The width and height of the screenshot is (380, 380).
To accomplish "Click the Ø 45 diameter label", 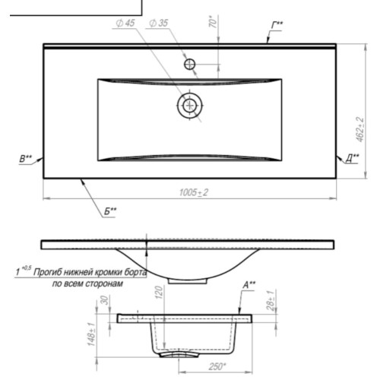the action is pos(125,23).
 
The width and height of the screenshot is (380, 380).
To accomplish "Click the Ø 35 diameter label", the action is pos(159,23).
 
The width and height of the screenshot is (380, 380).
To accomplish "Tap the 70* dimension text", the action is pos(214,21).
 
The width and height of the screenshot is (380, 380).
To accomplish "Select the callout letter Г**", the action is pos(277,25).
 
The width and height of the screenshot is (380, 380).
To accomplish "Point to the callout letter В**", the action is pos(26,159).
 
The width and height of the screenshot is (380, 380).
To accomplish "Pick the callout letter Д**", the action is pos(353,159).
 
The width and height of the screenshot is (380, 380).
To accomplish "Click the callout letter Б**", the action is pos(110,211).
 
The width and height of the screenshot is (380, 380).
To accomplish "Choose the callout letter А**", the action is pos(249,285).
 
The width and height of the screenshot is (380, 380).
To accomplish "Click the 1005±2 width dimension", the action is pos(194,192).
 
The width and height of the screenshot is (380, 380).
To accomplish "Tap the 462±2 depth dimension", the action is pos(360,129).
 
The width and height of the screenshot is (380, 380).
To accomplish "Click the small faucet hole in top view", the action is pos(189,64).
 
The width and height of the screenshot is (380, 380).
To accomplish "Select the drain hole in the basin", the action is pos(190,105).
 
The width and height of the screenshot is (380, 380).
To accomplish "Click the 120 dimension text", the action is pos(159,293).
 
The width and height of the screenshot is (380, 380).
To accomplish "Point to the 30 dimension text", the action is pos(105,300).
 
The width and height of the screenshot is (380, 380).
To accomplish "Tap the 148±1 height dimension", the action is pos(91,334).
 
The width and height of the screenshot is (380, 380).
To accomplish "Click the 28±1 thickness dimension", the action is pos(271,301).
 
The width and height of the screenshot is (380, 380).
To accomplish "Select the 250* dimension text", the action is pos(217,366).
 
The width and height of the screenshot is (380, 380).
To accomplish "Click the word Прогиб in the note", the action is pos(48,273).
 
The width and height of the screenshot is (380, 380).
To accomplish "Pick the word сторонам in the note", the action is pos(104,283).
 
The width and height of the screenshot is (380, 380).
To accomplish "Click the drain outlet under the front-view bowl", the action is pos(188,281).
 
